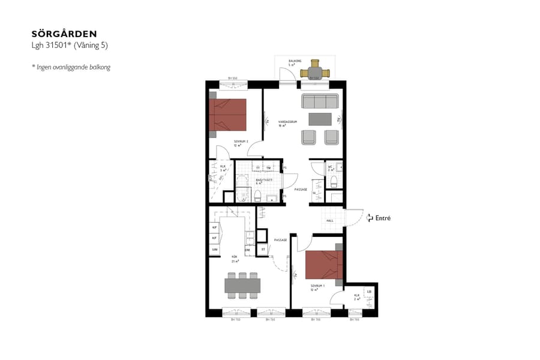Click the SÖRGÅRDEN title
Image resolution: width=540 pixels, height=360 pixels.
(64, 34)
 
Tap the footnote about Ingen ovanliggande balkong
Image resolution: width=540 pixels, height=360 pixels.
(71, 67)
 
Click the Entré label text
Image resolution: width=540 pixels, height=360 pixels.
(383, 218)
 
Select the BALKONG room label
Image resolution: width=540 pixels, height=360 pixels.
(294, 61)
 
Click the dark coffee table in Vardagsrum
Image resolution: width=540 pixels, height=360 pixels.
(320, 119)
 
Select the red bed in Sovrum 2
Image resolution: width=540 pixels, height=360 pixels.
(228, 114)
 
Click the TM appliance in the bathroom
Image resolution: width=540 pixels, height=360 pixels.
(269, 168)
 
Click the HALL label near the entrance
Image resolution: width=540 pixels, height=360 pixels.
(329, 221)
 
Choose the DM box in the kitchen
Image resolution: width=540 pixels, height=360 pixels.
(247, 250)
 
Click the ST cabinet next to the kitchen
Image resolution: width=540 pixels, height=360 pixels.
(263, 250)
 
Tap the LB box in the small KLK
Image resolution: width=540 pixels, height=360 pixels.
(369, 292)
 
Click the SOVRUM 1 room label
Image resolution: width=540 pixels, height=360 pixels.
(317, 286)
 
